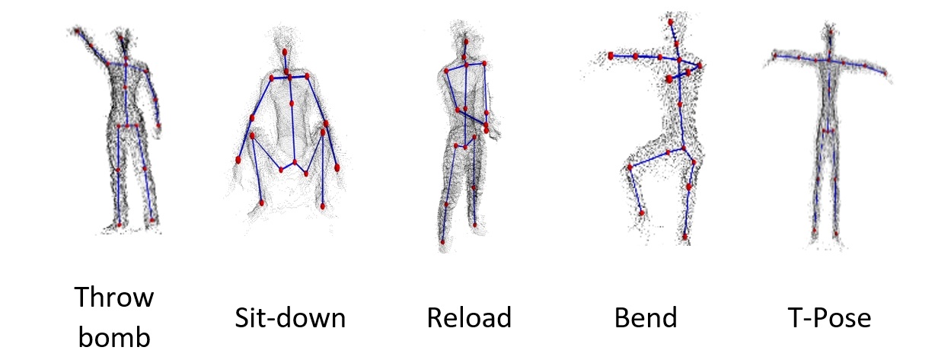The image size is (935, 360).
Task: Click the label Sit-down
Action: (x=290, y=317)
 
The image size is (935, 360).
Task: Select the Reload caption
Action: (x=469, y=317)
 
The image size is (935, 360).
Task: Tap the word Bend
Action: (x=646, y=317)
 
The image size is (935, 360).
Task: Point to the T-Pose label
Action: (x=828, y=317)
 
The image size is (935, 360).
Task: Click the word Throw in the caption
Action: (x=113, y=297)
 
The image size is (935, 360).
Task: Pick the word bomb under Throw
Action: (x=113, y=335)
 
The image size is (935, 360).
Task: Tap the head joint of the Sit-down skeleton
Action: (x=285, y=53)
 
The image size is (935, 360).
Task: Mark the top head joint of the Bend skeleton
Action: (x=672, y=22)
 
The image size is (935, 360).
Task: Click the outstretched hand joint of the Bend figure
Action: (x=611, y=56)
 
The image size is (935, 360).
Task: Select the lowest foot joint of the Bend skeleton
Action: (x=684, y=237)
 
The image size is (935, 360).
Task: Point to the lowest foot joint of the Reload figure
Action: (x=442, y=242)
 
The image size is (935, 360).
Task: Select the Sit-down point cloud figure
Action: (x=288, y=129)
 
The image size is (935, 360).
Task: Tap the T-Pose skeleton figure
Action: (x=828, y=129)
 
